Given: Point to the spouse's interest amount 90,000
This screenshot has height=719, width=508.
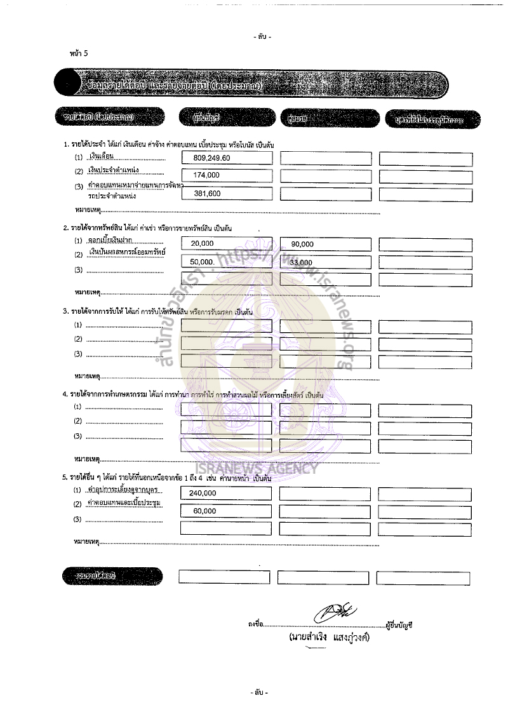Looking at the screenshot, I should [x=302, y=244].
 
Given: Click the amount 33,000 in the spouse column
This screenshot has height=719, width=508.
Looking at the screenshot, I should [x=301, y=262].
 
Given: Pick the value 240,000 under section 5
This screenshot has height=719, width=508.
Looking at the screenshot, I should [x=203, y=492].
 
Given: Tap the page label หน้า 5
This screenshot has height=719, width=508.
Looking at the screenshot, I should [x=79, y=53].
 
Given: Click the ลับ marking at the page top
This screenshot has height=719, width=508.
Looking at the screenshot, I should [x=262, y=37].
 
